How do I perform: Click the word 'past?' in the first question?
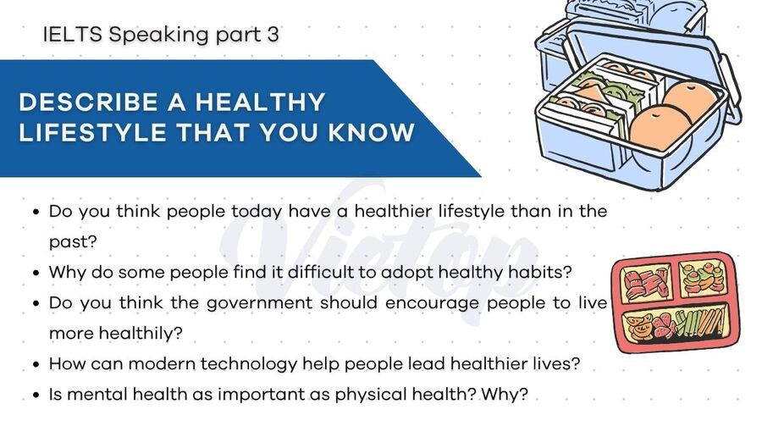pos(73,241)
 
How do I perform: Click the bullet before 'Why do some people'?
pos(35,274)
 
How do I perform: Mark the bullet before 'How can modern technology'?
pos(35,365)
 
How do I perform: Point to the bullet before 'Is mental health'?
pos(35,396)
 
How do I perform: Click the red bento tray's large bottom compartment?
pos(678,327)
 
